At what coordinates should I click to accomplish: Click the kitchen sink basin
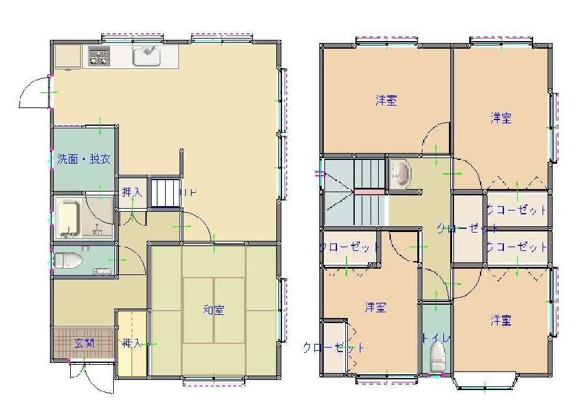147,56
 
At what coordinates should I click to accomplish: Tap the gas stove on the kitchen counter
99,57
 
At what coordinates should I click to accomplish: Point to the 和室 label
213,310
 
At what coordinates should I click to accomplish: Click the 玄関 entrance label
83,343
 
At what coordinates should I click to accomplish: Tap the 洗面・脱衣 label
83,159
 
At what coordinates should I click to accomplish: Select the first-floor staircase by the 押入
165,192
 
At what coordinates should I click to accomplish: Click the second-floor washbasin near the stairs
401,174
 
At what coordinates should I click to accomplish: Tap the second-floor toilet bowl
436,362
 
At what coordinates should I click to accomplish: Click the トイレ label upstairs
436,339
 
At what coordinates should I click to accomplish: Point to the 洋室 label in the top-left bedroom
386,100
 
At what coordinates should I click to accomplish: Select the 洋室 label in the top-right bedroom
501,118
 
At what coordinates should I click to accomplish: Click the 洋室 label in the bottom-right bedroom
501,321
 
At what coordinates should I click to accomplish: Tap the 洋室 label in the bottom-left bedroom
376,307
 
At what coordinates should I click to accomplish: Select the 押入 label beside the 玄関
132,343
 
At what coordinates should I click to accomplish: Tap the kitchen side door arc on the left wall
35,92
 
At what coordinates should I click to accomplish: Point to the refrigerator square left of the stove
66,56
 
